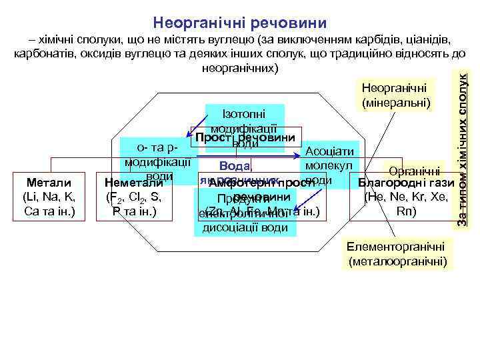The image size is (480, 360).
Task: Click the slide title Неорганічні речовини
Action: (x=239, y=23)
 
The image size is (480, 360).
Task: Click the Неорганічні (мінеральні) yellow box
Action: (x=397, y=95)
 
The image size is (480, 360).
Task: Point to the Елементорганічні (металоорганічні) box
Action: (x=397, y=253)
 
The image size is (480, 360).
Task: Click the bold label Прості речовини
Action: (x=245, y=137)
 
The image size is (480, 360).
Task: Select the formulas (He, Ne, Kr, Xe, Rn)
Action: (x=406, y=204)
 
